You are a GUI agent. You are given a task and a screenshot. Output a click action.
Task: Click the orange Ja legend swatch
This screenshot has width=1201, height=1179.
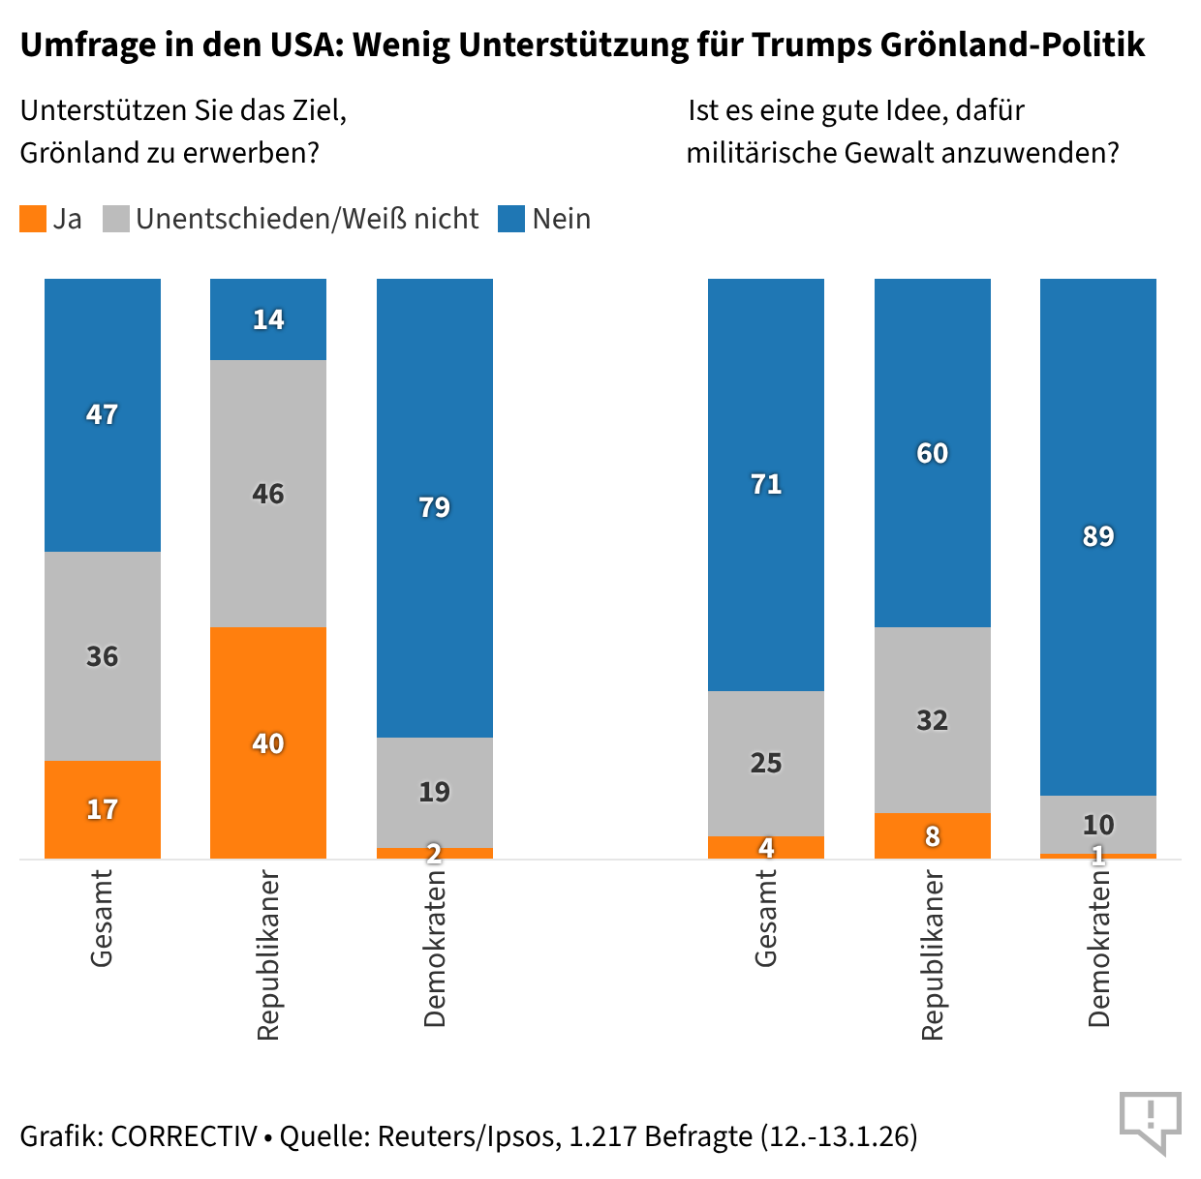33,219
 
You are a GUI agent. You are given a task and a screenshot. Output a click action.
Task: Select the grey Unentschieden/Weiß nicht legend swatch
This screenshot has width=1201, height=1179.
116,219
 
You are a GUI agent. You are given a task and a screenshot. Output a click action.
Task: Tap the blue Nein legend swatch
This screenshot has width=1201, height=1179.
511,219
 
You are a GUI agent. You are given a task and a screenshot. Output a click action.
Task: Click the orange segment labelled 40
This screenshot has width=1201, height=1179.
268,742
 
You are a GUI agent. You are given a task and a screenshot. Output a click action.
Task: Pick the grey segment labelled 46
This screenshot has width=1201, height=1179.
268,494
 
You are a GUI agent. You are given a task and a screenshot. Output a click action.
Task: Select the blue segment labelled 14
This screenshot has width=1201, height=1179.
268,319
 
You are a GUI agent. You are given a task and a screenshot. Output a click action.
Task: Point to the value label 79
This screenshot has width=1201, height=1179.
435,507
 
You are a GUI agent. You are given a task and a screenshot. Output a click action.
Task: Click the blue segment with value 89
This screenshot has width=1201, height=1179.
1098,536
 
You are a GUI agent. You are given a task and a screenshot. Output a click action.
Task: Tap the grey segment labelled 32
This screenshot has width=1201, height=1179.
933,720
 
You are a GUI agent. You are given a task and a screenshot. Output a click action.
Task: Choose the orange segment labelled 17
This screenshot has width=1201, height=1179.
103,809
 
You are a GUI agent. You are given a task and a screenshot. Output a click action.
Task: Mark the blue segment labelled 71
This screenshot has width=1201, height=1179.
766,484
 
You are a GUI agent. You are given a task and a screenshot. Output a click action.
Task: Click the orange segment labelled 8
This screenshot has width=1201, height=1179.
933,836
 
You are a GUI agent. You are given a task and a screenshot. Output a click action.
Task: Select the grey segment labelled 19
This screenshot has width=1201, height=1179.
435,792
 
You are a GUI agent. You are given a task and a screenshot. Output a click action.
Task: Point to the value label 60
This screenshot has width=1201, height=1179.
933,453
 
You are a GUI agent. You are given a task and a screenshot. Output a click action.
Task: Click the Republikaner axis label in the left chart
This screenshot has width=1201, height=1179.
268,955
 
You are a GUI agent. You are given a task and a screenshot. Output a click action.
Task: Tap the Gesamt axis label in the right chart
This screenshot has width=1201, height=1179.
766,919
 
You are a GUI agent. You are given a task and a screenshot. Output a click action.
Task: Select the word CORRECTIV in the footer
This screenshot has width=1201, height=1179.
184,1135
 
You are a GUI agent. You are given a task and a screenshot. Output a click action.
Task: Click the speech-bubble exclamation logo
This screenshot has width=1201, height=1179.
1150,1121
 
